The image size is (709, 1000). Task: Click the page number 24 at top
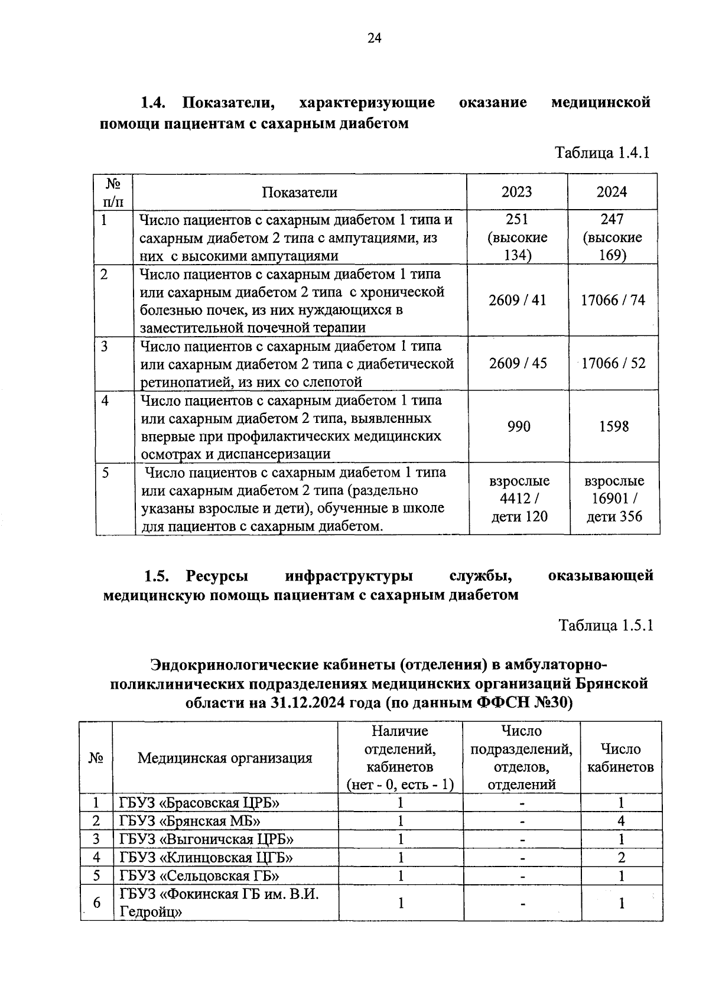coord(375,39)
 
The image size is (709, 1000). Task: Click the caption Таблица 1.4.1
coord(602,153)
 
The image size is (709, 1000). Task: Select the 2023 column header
coord(516,192)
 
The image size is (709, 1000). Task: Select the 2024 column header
coord(612,192)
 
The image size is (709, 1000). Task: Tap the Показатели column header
coord(300,193)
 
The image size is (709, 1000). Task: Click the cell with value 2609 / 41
coord(518,300)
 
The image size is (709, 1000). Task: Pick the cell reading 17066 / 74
coord(613,300)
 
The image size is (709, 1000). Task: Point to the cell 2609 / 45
coord(518,363)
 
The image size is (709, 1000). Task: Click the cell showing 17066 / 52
coord(613,363)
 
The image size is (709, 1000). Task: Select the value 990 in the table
coord(519,426)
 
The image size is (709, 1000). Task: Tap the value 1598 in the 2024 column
coord(614,426)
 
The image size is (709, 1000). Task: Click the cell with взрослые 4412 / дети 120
coord(519,499)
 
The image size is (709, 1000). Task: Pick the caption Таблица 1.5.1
coord(606,626)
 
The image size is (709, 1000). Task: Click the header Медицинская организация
coord(225,758)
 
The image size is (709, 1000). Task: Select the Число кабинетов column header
coord(620,758)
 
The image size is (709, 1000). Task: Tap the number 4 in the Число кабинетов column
coord(621,821)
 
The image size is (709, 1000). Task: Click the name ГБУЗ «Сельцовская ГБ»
coord(199,875)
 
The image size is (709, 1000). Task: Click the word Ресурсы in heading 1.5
coord(217,575)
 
